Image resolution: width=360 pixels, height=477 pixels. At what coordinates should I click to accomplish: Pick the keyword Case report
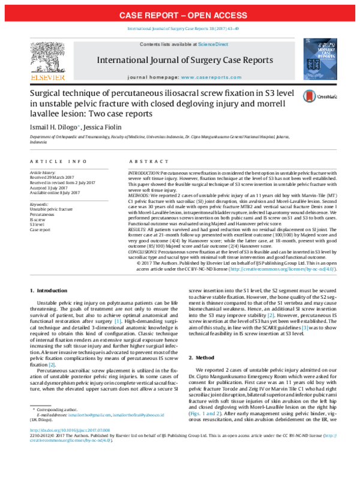[x=41, y=229]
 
